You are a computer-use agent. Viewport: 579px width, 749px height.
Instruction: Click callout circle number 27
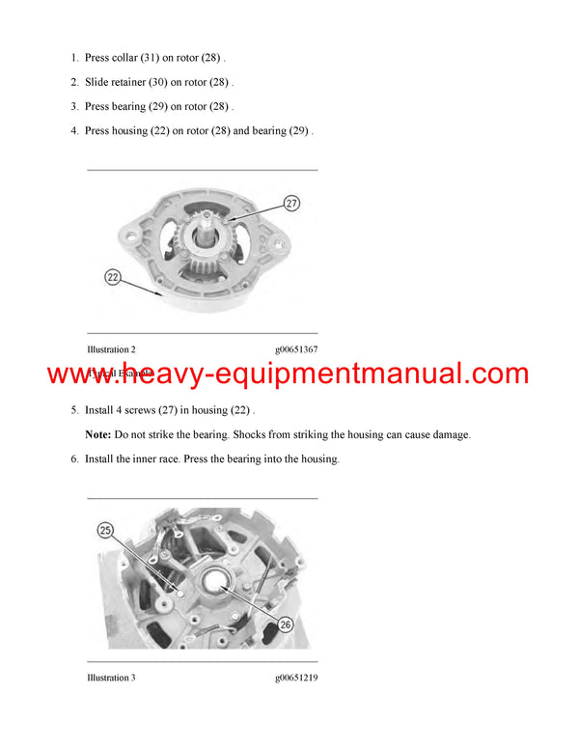point(291,204)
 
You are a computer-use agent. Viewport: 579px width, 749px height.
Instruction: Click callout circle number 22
point(113,278)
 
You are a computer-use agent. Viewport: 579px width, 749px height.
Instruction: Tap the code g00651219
point(295,678)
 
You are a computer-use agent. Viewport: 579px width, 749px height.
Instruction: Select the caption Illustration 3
point(111,678)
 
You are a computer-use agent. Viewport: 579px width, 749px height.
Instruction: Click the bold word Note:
point(98,435)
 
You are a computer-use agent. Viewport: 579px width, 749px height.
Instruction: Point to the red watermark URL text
point(289,374)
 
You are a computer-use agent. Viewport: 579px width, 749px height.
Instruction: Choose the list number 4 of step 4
point(73,130)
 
